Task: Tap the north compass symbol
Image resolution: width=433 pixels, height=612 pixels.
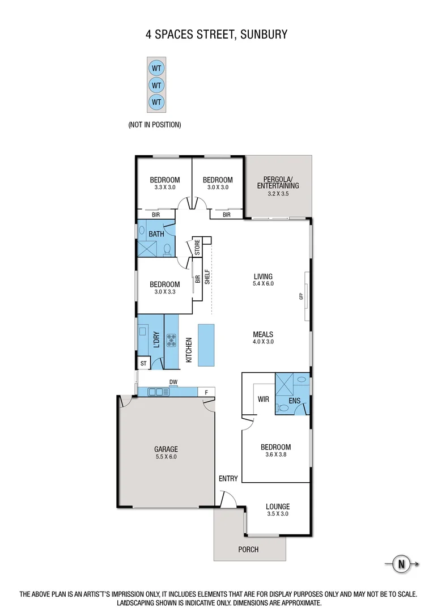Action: (x=402, y=563)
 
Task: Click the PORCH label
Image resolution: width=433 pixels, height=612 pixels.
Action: (x=248, y=549)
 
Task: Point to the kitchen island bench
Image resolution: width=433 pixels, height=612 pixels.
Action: (x=206, y=345)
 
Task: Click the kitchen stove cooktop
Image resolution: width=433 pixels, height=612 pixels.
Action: (x=172, y=341)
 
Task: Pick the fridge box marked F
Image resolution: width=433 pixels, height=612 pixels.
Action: (x=206, y=392)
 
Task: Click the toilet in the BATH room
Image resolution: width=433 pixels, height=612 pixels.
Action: (x=167, y=249)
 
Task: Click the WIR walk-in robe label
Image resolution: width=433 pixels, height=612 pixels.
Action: (x=263, y=399)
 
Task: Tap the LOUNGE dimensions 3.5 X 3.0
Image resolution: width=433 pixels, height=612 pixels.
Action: (x=278, y=514)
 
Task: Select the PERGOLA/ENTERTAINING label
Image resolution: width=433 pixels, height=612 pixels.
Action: (x=278, y=182)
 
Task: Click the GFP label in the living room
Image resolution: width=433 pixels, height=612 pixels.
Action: (x=302, y=295)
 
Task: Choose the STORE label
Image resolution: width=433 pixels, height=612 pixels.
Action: (x=197, y=248)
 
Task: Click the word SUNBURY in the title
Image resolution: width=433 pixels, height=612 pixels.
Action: (x=264, y=35)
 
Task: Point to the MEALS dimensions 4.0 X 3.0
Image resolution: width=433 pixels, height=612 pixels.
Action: (x=263, y=342)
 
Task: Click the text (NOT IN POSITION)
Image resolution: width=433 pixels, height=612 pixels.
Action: (x=155, y=125)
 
